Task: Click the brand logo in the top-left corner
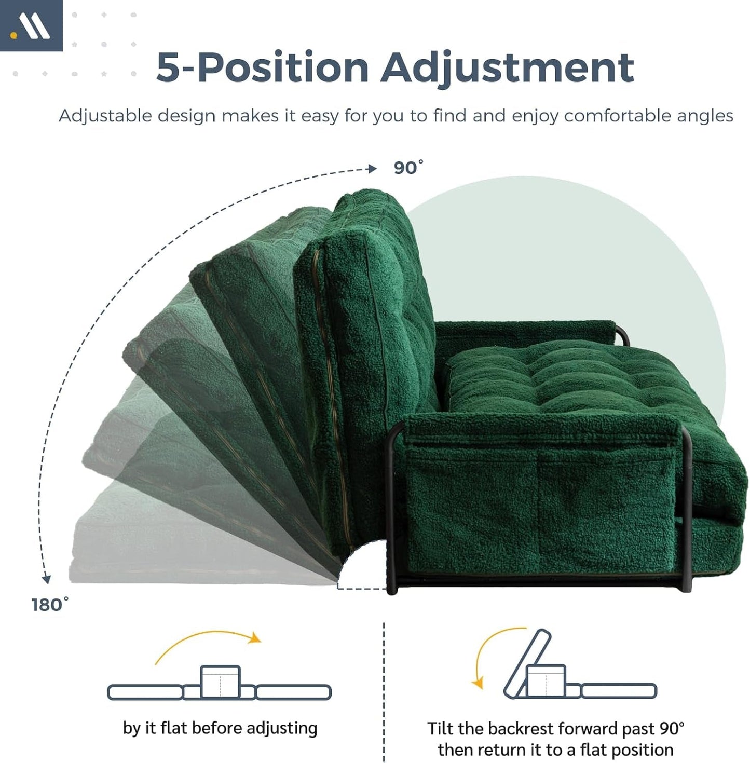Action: pos(31,26)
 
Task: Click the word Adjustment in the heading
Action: pos(507,67)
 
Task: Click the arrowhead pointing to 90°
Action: pos(372,169)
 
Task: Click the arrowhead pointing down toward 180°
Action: pos(47,578)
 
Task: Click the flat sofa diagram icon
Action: pos(219,685)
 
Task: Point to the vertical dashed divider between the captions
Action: pos(384,690)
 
